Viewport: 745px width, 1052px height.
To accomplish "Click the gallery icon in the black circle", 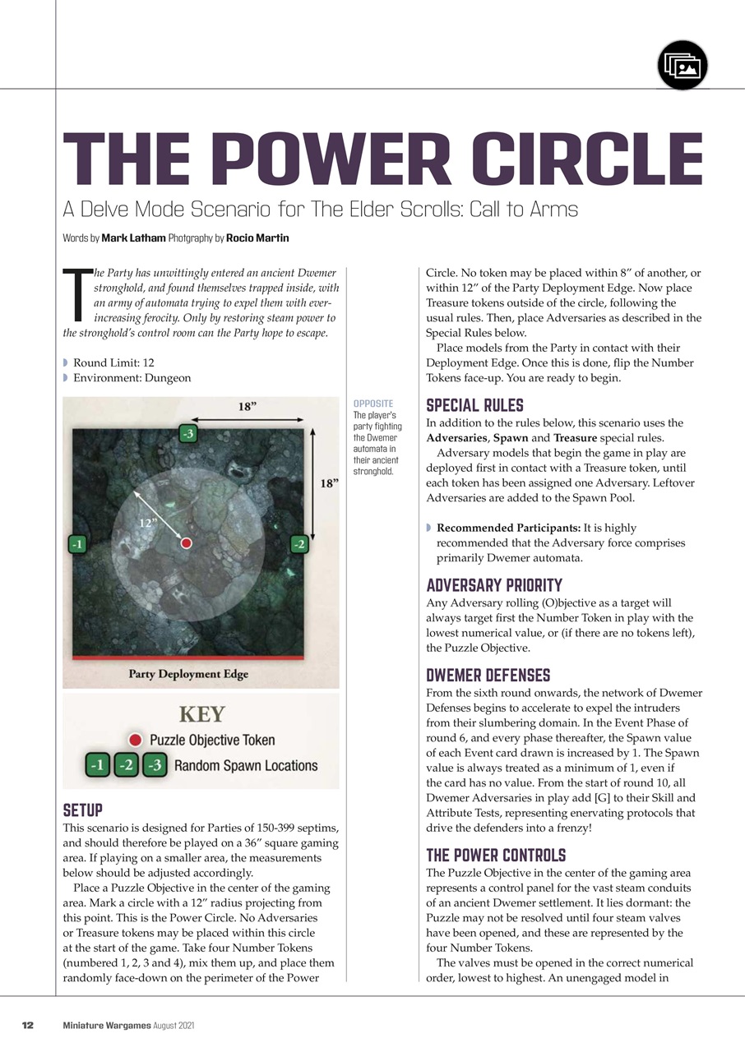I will pyautogui.click(x=683, y=65).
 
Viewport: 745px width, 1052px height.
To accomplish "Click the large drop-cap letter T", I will pyautogui.click(x=77, y=295).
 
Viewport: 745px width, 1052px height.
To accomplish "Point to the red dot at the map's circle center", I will pyautogui.click(x=187, y=543).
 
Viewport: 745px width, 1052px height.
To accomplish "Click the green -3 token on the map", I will pyautogui.click(x=188, y=434).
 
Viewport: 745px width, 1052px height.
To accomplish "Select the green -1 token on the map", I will pyautogui.click(x=77, y=543).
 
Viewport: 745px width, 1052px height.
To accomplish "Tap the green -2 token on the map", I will pyautogui.click(x=299, y=543).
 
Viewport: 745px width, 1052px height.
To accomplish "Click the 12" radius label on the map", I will pyautogui.click(x=147, y=522).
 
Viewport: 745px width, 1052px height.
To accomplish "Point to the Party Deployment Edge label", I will pyautogui.click(x=188, y=675).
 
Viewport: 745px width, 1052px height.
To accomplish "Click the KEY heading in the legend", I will pyautogui.click(x=201, y=713).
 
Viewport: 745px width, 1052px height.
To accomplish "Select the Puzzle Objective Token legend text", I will pyautogui.click(x=212, y=741).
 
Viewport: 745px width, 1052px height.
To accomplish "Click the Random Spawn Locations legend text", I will pyautogui.click(x=245, y=766).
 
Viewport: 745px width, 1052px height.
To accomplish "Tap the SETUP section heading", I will pyautogui.click(x=82, y=810).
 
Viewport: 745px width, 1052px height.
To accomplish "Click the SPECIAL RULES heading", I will pyautogui.click(x=475, y=406).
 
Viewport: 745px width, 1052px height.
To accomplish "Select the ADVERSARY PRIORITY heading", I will pyautogui.click(x=494, y=586).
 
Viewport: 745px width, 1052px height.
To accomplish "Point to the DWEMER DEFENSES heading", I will pyautogui.click(x=488, y=676).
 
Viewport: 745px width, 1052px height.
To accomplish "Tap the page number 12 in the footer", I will pyautogui.click(x=28, y=1025).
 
